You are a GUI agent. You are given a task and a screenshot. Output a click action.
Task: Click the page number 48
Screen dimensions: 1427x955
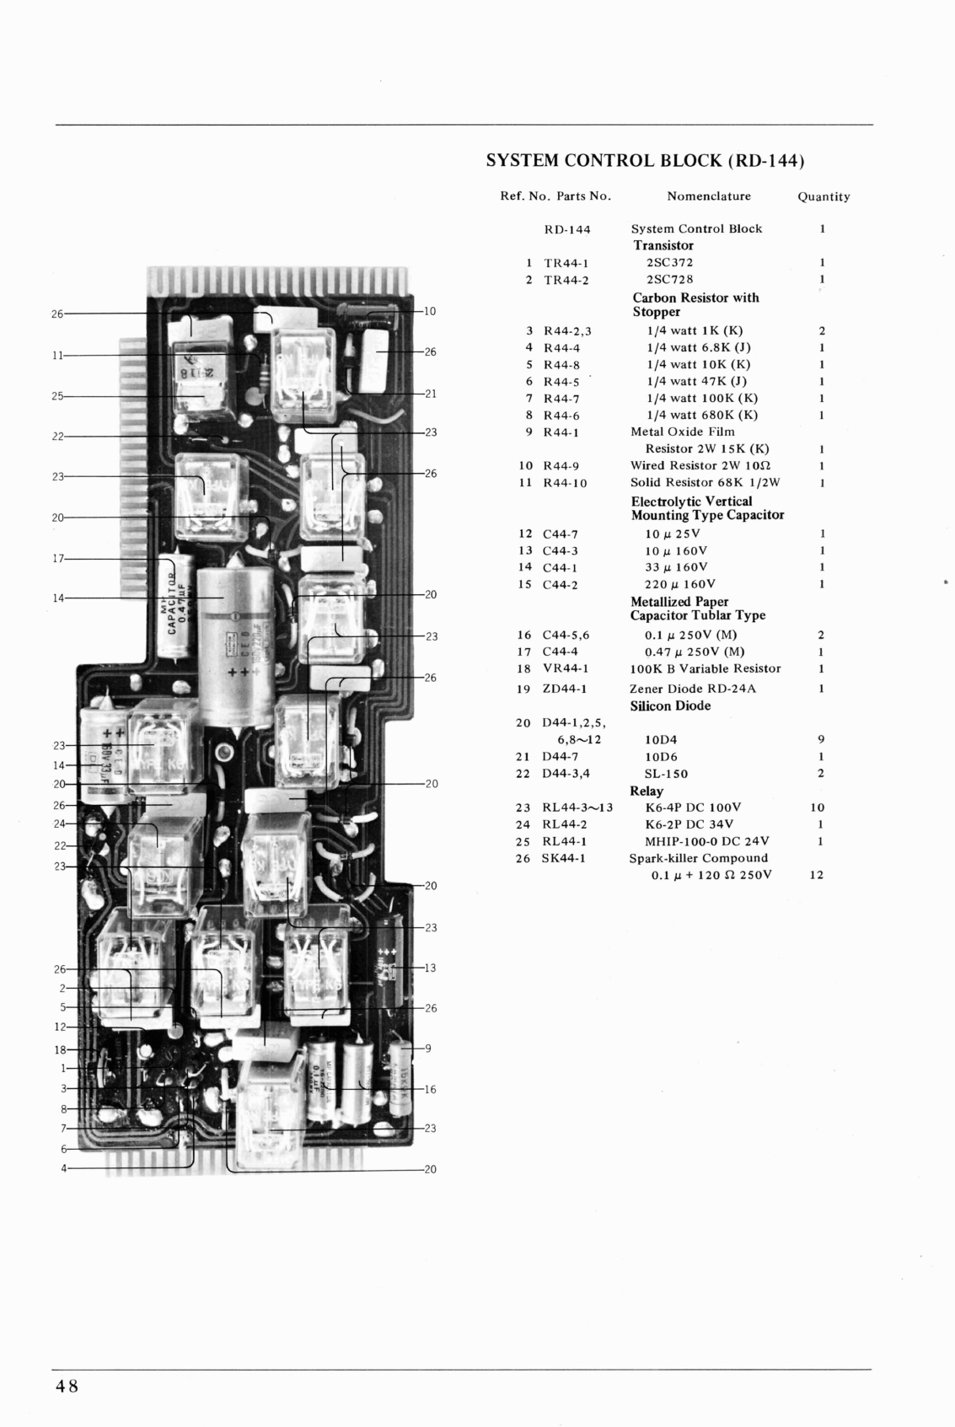point(67,1387)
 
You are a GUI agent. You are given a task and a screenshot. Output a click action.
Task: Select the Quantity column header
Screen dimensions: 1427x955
point(824,197)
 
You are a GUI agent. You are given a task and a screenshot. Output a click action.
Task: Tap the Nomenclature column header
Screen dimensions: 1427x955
point(708,196)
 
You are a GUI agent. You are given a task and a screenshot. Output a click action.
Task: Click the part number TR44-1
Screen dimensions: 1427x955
point(566,263)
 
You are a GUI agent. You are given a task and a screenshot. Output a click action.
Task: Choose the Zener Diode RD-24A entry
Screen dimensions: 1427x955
point(692,689)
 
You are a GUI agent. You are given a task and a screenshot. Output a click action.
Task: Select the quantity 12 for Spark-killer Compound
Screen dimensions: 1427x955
point(816,875)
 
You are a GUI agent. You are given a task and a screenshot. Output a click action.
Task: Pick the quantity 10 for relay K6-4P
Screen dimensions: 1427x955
point(817,807)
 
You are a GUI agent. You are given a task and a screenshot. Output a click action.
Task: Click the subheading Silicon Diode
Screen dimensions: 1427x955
point(670,706)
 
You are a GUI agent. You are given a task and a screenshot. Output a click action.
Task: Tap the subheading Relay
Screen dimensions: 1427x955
point(647,791)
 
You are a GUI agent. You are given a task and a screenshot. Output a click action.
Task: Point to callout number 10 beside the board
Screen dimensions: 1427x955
point(429,312)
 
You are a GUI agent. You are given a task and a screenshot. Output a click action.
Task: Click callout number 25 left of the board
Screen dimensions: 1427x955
point(57,396)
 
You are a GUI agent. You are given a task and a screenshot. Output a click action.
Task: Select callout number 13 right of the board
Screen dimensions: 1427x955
point(430,968)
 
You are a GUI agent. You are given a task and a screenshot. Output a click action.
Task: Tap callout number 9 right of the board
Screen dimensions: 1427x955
point(428,1049)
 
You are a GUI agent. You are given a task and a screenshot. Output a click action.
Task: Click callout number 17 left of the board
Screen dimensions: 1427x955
point(57,559)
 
